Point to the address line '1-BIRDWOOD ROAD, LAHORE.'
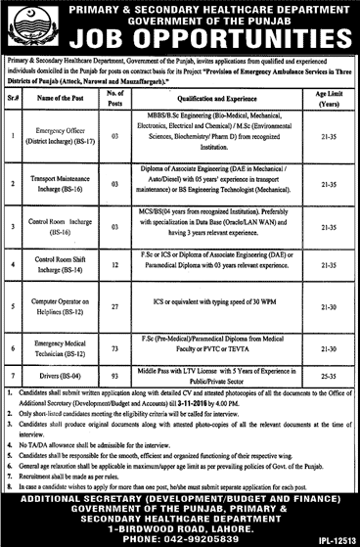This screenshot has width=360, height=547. [x=180, y=520]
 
